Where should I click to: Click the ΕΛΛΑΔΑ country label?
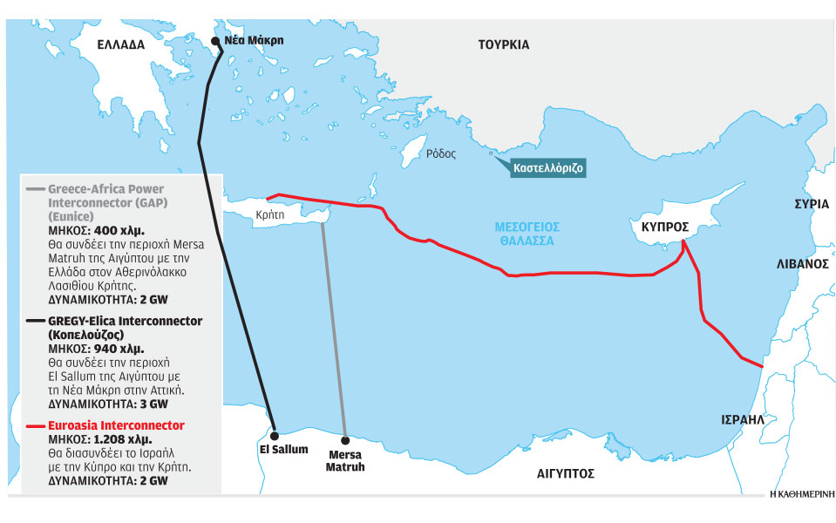[x=120, y=44]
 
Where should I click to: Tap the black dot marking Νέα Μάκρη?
[x=215, y=40]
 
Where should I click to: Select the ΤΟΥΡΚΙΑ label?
[x=503, y=44]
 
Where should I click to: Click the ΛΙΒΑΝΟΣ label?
[x=801, y=261]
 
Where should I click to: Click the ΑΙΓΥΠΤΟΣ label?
[x=565, y=473]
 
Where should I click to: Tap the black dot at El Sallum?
[x=274, y=433]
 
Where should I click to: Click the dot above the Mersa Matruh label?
[x=345, y=439]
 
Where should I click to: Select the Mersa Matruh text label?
[x=346, y=460]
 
